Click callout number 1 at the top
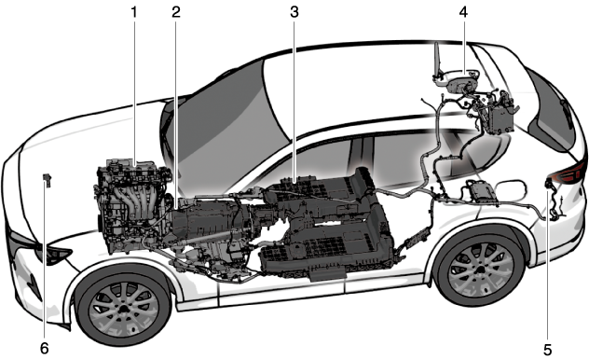click(133, 12)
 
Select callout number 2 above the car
click(176, 12)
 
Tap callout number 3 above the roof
click(294, 12)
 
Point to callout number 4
click(463, 12)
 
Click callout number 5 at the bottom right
click(548, 350)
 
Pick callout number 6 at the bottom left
click(45, 349)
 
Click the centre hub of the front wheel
click(124, 309)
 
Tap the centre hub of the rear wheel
click(482, 270)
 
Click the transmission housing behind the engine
click(211, 221)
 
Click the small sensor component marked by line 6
click(47, 180)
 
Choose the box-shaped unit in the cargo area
click(499, 117)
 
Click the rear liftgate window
click(549, 113)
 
